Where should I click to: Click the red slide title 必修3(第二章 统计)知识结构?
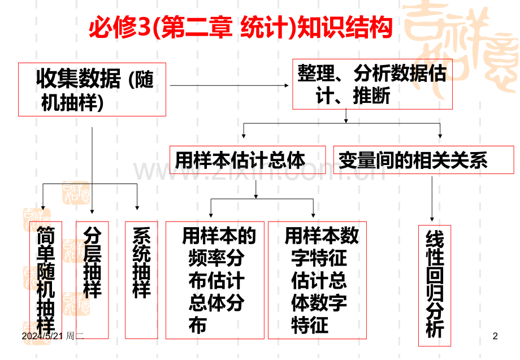pos(241,27)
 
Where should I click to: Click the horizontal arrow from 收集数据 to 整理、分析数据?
pos(229,85)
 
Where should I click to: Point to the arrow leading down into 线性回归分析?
pos(432,199)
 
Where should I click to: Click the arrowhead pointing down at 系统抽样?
pos(137,208)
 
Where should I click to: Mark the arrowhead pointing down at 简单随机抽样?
pos(43,208)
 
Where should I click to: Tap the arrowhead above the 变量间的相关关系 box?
pos(440,136)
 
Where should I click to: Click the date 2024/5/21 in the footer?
pos(42,336)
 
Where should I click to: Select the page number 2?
pos(495,336)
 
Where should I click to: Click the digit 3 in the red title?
pos(144,28)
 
